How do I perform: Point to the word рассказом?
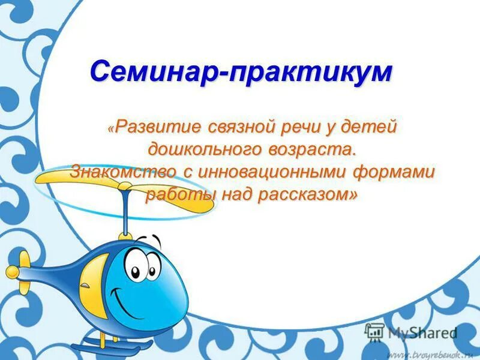pyautogui.click(x=305, y=194)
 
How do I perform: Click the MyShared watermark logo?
pyautogui.click(x=410, y=332)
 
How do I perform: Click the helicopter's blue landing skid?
pyautogui.click(x=102, y=346)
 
